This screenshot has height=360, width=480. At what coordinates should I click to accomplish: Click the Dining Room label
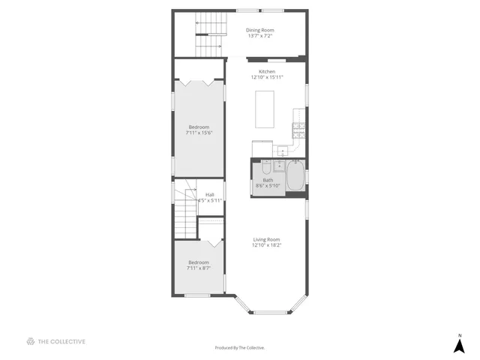259,30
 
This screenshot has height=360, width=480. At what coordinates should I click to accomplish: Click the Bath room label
268,179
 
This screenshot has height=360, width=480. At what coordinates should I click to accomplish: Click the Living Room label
266,239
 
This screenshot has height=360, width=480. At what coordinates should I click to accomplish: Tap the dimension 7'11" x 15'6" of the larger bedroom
199,133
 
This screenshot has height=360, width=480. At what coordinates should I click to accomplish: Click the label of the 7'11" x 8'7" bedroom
199,262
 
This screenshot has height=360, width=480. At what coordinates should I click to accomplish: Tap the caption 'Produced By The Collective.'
240,348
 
